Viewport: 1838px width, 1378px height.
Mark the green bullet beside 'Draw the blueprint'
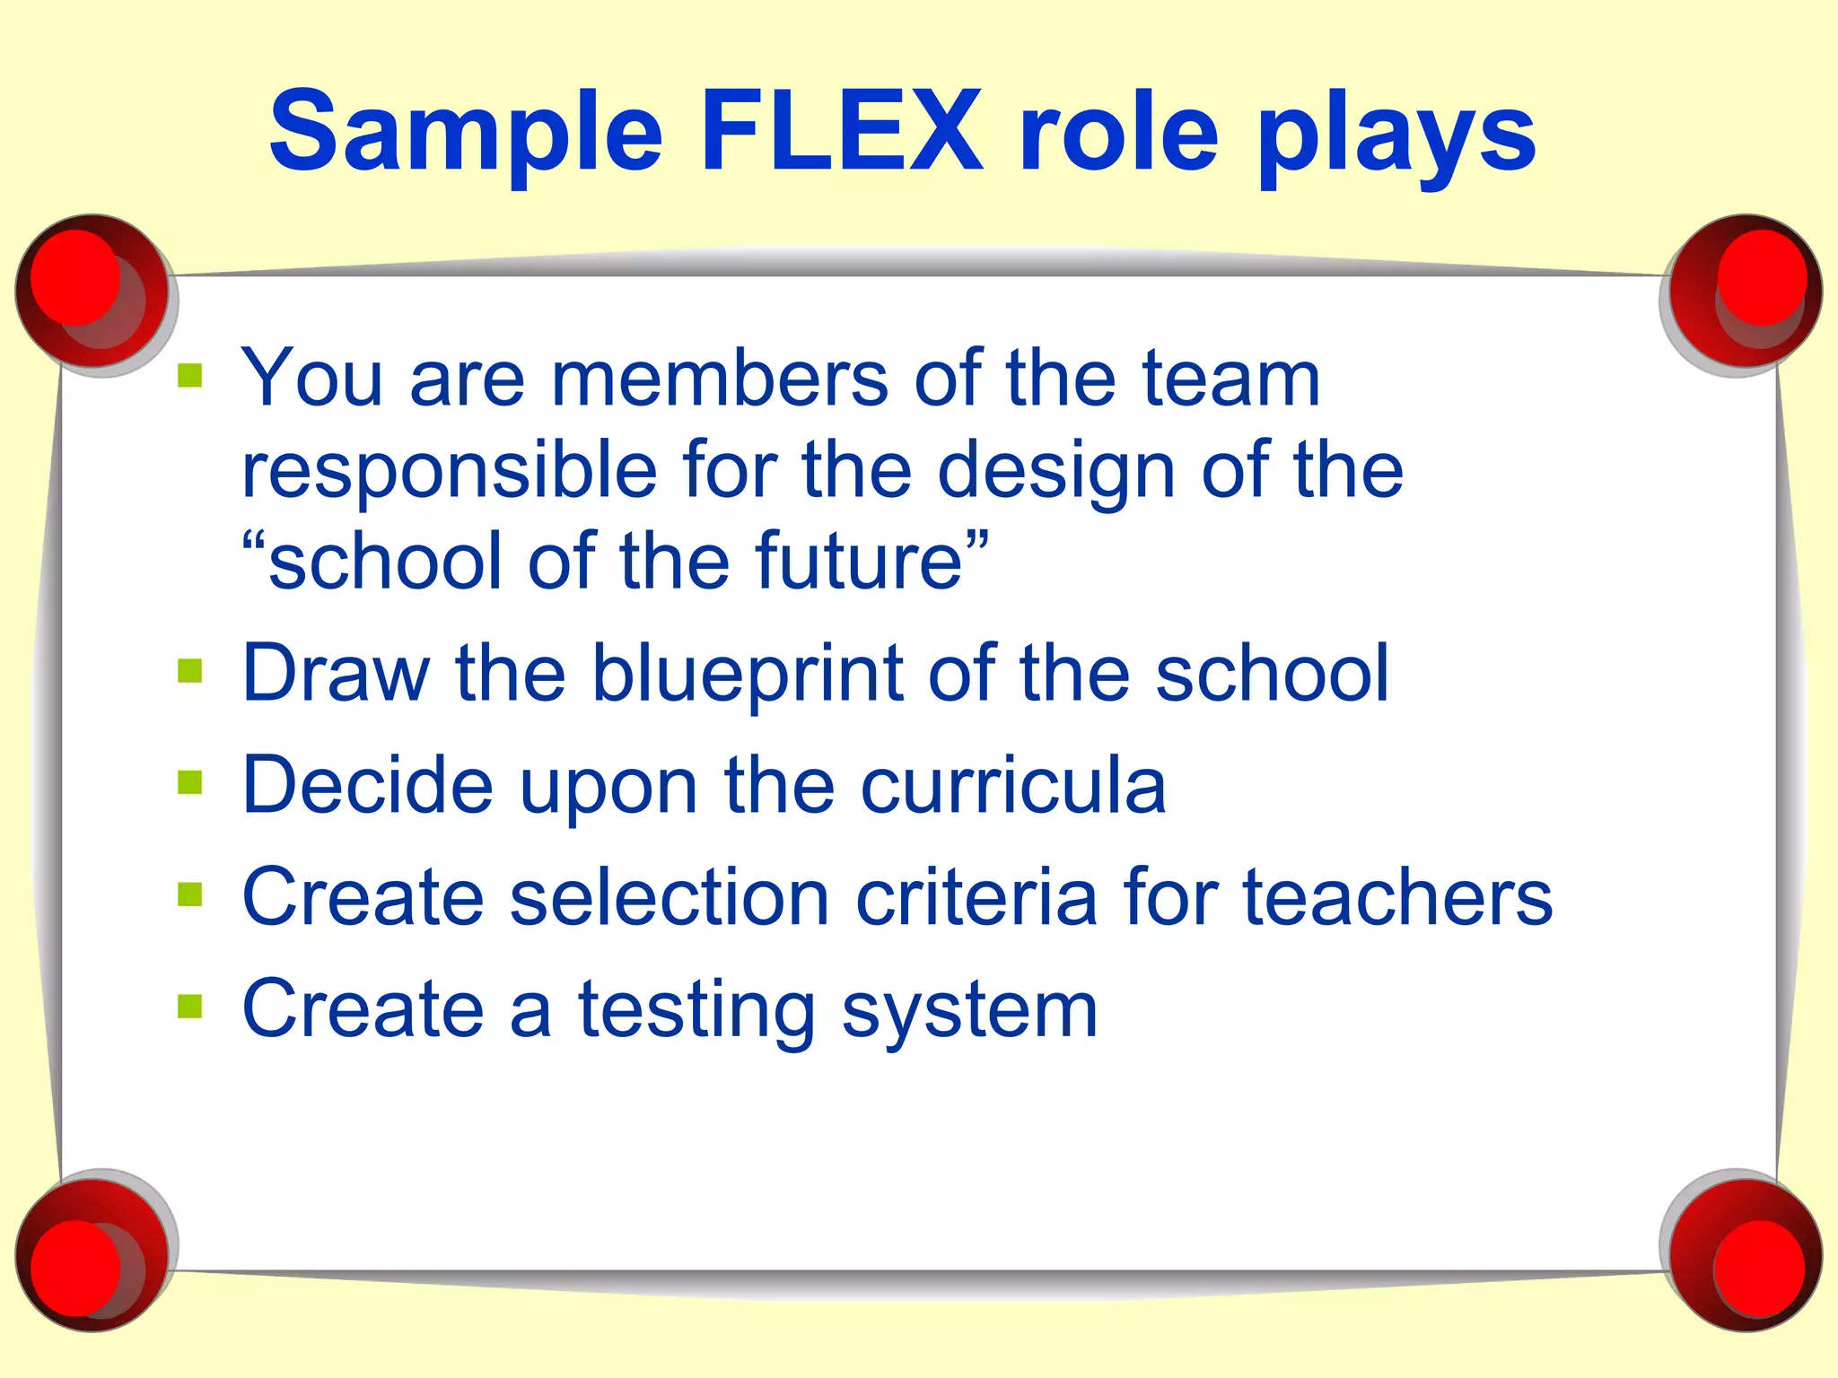pos(190,670)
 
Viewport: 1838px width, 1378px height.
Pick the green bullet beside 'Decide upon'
pos(190,782)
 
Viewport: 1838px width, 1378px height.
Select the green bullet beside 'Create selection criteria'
pos(190,894)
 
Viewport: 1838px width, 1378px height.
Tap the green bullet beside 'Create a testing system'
pos(190,1007)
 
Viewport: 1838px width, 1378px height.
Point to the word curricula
pos(1013,785)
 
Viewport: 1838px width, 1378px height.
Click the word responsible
pos(449,471)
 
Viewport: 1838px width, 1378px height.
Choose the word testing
pos(696,1011)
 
